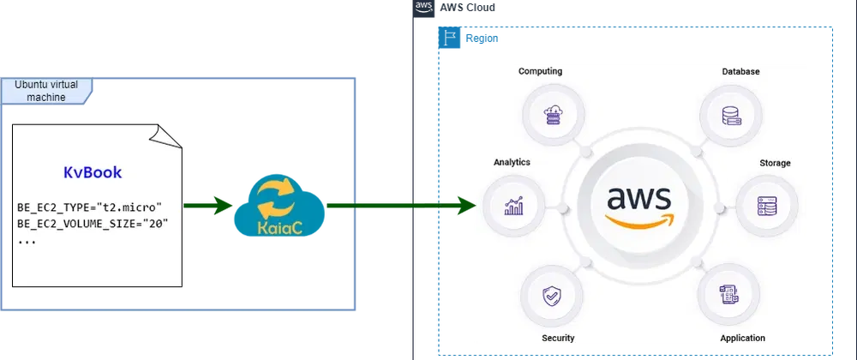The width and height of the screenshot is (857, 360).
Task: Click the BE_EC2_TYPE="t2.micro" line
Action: pos(89,207)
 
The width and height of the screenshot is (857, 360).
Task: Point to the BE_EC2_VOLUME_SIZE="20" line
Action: pos(93,224)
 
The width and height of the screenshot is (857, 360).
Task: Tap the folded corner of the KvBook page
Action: pos(169,136)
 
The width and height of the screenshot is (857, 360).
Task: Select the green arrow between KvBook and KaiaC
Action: pos(207,206)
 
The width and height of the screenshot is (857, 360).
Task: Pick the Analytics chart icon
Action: pos(515,206)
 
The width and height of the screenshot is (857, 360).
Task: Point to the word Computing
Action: pos(540,71)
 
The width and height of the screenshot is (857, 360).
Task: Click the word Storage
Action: pos(775,163)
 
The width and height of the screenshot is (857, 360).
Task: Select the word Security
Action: pos(558,339)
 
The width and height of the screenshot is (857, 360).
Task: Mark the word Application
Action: pos(742,339)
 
